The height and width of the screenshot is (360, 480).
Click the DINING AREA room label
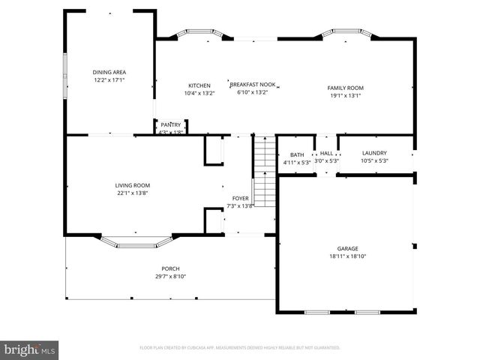point(109,72)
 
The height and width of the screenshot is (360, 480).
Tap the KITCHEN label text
point(199,86)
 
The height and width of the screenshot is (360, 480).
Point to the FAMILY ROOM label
point(345,88)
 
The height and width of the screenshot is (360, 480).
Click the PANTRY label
point(171,125)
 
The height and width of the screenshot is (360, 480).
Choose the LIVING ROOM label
point(133,185)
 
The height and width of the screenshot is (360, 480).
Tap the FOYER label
point(240,198)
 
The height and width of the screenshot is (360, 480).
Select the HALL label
point(326,154)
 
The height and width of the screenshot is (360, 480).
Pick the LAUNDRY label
point(373,154)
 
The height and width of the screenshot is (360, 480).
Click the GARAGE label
point(347,248)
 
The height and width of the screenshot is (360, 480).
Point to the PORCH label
point(170,268)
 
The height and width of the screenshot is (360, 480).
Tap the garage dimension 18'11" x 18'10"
point(347,256)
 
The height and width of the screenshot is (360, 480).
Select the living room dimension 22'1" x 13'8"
point(133,193)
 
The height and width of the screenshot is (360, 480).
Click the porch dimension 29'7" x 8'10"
point(170,276)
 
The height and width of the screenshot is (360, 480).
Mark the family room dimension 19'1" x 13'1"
point(345,95)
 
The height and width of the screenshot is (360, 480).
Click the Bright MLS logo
point(30,349)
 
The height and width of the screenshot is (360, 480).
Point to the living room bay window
point(136,242)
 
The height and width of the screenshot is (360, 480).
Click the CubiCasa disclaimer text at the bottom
point(240,348)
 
